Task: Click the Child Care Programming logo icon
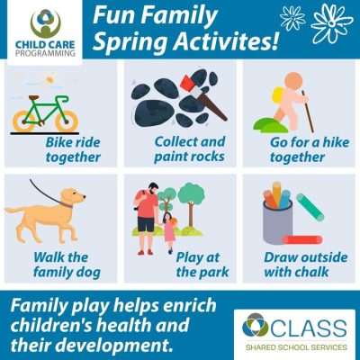(x=46, y=24)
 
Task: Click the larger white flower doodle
(x=332, y=22)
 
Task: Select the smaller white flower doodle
(x=292, y=18)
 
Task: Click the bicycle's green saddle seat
(x=34, y=97)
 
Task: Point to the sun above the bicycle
(x=49, y=79)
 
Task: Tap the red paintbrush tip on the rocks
(x=187, y=82)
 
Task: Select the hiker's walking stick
(x=308, y=111)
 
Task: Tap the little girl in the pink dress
(x=169, y=232)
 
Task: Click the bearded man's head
(x=153, y=189)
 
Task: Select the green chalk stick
(x=310, y=207)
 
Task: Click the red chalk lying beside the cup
(x=302, y=239)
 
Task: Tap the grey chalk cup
(x=277, y=221)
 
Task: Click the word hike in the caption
(x=335, y=142)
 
